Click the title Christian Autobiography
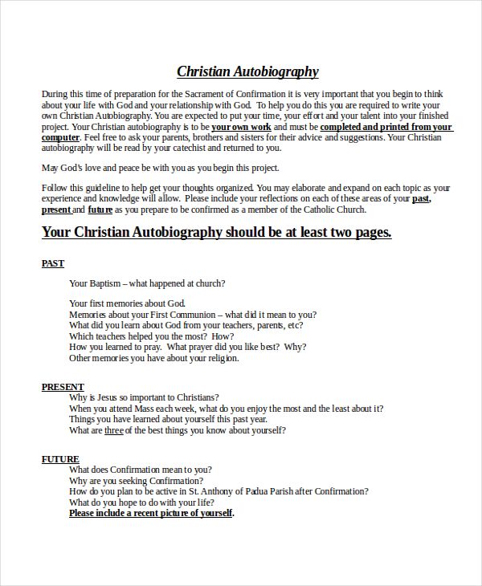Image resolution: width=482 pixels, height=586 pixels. [x=247, y=71]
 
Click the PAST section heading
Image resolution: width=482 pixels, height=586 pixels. [x=53, y=263]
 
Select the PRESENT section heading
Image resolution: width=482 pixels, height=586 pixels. [x=63, y=387]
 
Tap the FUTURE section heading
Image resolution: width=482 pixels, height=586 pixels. [x=60, y=459]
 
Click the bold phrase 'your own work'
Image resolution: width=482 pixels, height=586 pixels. [x=241, y=127]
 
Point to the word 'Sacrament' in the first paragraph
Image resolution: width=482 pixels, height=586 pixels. [x=212, y=94]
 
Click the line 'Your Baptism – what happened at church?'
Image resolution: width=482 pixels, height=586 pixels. [x=147, y=283]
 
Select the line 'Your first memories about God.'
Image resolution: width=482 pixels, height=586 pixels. [x=127, y=303]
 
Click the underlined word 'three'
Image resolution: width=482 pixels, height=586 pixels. [x=114, y=430]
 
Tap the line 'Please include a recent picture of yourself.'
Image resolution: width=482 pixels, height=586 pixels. [x=151, y=512]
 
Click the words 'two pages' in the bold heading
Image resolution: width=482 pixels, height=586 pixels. [x=360, y=232]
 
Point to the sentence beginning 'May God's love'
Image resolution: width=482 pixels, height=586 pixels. [x=161, y=168]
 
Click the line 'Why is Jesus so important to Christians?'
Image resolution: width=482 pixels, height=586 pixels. [x=144, y=397]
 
